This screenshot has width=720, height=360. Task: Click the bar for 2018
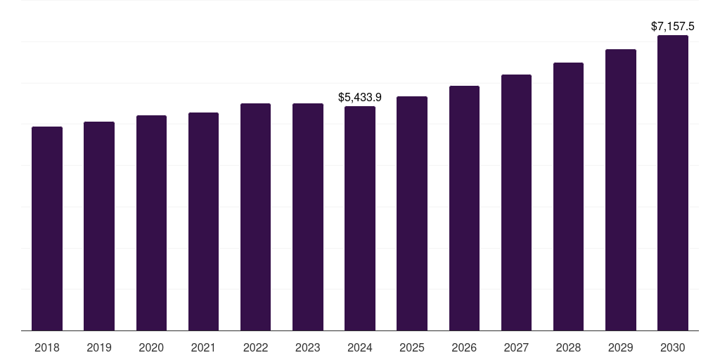click(x=47, y=229)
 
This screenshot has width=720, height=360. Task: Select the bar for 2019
click(x=99, y=226)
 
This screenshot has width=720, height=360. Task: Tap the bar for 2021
click(x=203, y=221)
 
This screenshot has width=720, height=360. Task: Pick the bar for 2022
click(x=255, y=217)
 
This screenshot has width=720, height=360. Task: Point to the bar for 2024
click(x=360, y=219)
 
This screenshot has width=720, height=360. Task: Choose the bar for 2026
click(x=464, y=208)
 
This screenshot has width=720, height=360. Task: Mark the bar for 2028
click(x=568, y=197)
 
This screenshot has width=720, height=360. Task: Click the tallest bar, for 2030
click(x=673, y=183)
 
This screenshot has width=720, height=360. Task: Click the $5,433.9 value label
click(x=360, y=97)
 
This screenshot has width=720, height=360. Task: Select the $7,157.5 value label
click(x=673, y=27)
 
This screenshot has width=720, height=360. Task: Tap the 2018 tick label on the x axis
click(x=47, y=347)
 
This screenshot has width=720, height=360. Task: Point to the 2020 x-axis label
click(x=151, y=347)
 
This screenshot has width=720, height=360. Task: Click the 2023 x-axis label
click(x=308, y=347)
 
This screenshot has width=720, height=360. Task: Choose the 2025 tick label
click(x=412, y=347)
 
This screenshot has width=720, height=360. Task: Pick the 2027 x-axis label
click(x=516, y=347)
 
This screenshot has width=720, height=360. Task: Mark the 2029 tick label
click(x=621, y=347)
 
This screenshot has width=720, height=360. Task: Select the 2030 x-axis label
click(x=673, y=347)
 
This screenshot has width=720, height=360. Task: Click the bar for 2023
click(x=308, y=217)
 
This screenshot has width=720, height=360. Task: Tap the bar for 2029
click(x=621, y=190)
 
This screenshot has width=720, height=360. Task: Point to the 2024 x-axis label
click(x=360, y=347)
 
